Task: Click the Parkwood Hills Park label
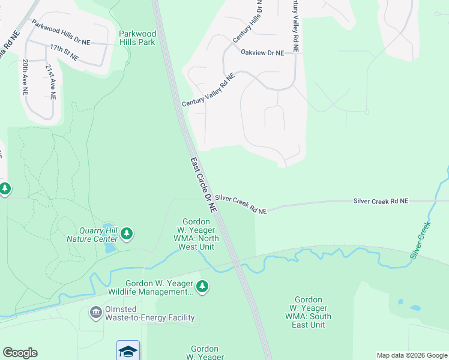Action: click(137, 38)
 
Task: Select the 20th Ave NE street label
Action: click(25, 77)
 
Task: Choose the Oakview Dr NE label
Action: click(262, 53)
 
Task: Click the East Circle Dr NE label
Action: click(203, 185)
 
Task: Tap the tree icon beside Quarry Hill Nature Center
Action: click(126, 233)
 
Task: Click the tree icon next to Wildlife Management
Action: click(203, 287)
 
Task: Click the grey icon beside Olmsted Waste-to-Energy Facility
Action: click(95, 313)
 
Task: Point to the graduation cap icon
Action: click(128, 350)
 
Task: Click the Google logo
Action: click(20, 353)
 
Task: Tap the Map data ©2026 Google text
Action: click(411, 355)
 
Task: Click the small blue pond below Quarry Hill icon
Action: click(110, 247)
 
